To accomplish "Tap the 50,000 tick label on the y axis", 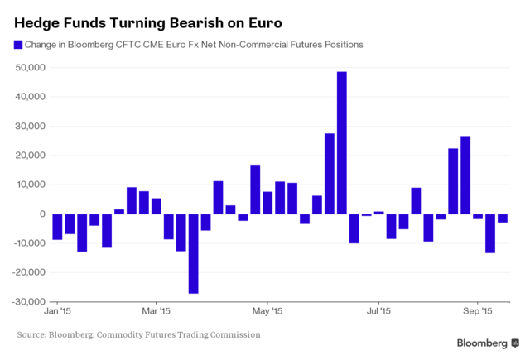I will (x=29, y=68).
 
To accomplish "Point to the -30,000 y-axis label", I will (x=27, y=301).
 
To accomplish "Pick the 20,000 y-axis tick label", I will (x=29, y=156).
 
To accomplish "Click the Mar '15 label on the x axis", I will (x=155, y=312).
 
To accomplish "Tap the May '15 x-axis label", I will (x=267, y=312).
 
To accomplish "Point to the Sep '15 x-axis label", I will (x=477, y=312).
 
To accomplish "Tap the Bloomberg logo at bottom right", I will (x=489, y=343).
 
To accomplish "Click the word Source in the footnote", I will (x=35, y=334).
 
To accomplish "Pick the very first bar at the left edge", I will (x=56, y=227).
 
